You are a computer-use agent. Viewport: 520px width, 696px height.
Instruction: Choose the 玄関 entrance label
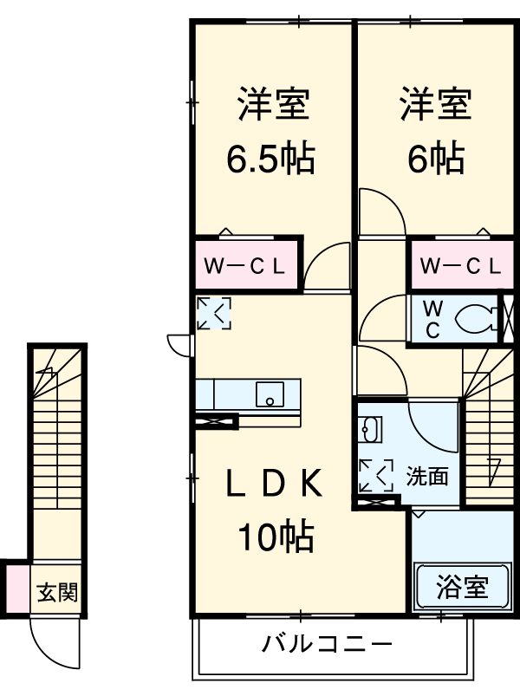(x=57, y=594)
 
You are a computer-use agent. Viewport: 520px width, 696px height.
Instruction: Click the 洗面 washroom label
(x=427, y=476)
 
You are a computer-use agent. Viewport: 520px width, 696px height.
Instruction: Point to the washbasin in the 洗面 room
(x=372, y=428)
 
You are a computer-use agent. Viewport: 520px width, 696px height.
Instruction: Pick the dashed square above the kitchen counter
(x=213, y=313)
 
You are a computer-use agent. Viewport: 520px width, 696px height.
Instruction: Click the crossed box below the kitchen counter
(x=217, y=422)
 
